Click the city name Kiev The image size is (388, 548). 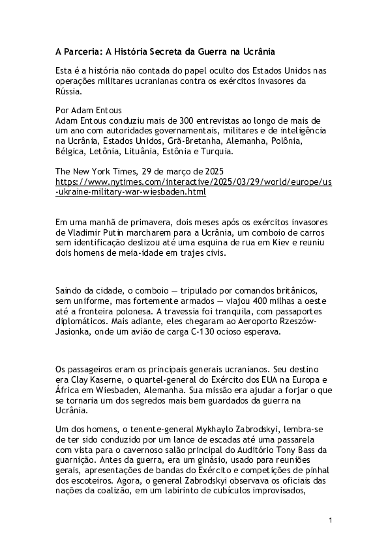260,243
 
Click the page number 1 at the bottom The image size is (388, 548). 331,520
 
